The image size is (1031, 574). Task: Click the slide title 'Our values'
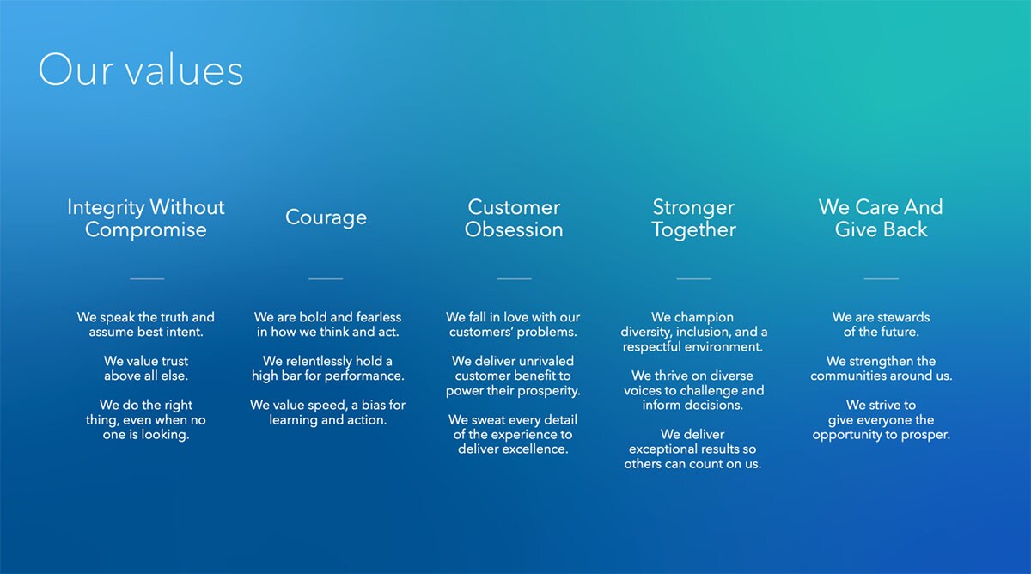141,70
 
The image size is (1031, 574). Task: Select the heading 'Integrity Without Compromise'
146,218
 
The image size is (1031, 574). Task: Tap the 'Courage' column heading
326,217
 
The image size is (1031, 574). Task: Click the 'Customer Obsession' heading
514,218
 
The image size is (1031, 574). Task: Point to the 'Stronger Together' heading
693,218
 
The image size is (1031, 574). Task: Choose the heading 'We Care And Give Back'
881,218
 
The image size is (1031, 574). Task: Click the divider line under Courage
326,278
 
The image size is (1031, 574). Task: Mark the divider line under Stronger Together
693,278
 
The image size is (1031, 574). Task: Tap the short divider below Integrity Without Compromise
147,278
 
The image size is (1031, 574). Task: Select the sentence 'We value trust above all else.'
146,369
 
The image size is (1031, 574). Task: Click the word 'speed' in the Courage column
327,406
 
